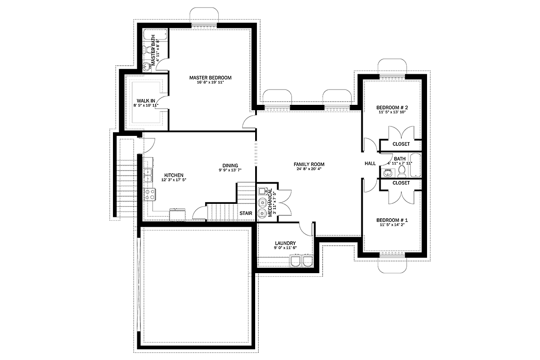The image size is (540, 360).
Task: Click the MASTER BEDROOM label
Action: pyautogui.click(x=210, y=78)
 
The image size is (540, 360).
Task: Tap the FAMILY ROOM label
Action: pyautogui.click(x=309, y=164)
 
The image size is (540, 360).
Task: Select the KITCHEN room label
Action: pyautogui.click(x=174, y=175)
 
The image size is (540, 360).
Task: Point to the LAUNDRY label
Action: pyautogui.click(x=285, y=243)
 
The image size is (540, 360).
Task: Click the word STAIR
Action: pyautogui.click(x=246, y=213)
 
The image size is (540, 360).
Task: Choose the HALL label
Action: pyautogui.click(x=370, y=163)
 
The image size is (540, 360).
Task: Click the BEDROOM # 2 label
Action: pyautogui.click(x=392, y=108)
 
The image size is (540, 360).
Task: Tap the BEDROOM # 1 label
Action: pyautogui.click(x=392, y=220)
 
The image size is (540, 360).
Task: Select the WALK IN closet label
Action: pyautogui.click(x=146, y=101)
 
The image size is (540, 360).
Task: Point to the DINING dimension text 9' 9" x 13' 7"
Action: pyautogui.click(x=230, y=170)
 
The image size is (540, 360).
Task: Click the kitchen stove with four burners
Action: pyautogui.click(x=150, y=194)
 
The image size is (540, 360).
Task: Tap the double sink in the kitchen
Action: pyautogui.click(x=148, y=175)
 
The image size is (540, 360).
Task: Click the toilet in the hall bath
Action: pyautogui.click(x=401, y=172)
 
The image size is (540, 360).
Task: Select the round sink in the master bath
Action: pyautogui.click(x=147, y=66)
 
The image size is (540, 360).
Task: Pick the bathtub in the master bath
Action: pyautogui.click(x=155, y=35)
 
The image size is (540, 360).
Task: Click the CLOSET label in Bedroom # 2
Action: pyautogui.click(x=401, y=144)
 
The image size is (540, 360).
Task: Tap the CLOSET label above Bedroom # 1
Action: pyautogui.click(x=401, y=183)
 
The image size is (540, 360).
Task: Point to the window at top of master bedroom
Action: pyautogui.click(x=204, y=26)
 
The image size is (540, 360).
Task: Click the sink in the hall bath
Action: pyautogui.click(x=387, y=173)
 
